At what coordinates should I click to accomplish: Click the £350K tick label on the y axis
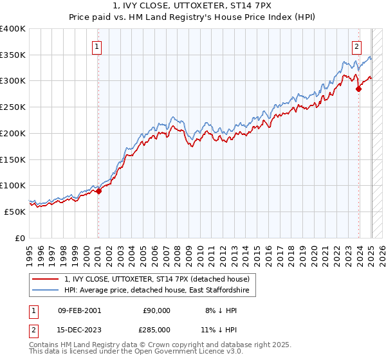pos(13,55)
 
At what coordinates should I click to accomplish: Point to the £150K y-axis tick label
pos(13,159)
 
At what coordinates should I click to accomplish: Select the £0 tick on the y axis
pos(20,238)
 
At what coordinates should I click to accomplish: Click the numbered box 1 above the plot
pos(96,46)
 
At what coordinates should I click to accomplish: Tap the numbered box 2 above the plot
pos(356,46)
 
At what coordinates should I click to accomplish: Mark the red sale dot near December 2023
pos(358,89)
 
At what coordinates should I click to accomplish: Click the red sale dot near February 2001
pos(98,190)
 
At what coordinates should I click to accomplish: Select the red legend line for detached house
pos(45,279)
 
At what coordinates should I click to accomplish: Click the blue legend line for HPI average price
pos(45,291)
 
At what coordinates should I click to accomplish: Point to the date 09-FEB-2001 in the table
pos(78,310)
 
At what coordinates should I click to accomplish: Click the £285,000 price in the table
pos(156,329)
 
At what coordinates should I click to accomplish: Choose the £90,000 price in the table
pos(156,310)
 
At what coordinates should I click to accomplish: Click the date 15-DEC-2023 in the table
pos(78,329)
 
